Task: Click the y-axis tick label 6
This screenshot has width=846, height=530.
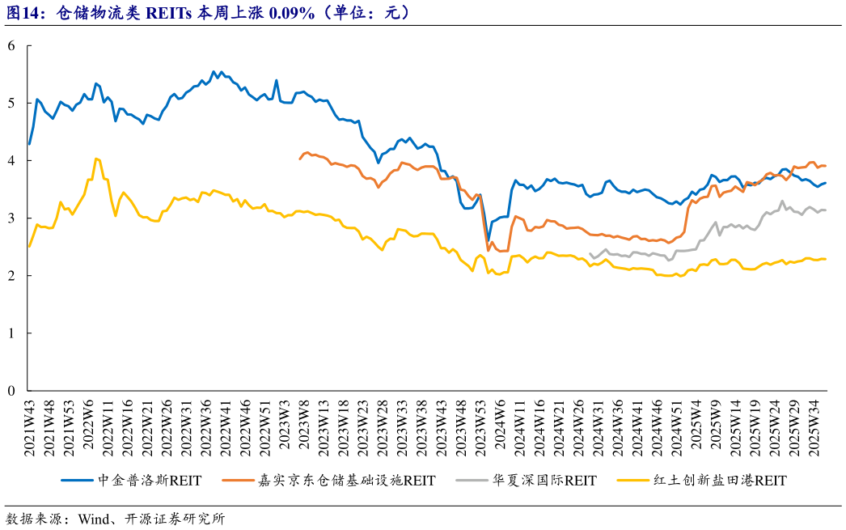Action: (x=11, y=46)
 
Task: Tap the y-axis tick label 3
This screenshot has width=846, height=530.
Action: (x=11, y=218)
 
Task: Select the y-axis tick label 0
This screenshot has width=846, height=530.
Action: (x=11, y=391)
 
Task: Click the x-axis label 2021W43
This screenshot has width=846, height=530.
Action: (x=30, y=429)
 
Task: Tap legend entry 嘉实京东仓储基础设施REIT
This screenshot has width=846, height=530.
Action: (x=355, y=481)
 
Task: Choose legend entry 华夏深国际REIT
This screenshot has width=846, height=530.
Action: (x=544, y=481)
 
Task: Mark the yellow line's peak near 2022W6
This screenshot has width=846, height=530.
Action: (x=96, y=159)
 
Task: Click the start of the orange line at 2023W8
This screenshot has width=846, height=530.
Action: (x=300, y=159)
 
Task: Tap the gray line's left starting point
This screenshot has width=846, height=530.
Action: (x=590, y=255)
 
